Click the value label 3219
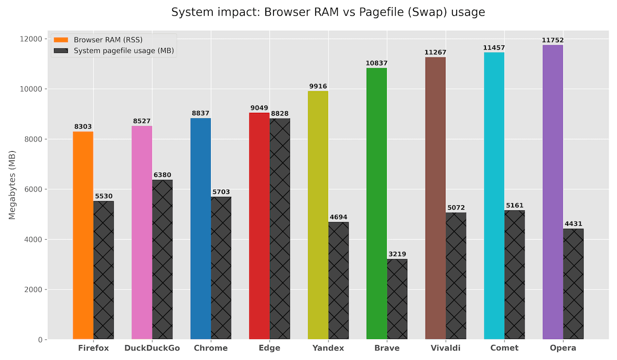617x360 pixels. pos(397,255)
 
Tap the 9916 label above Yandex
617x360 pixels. pos(318,86)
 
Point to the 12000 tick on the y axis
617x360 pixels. pos(31,39)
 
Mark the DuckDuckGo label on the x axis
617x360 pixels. pos(152,348)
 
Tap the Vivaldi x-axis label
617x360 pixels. pos(446,348)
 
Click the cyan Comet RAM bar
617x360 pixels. pos(494,196)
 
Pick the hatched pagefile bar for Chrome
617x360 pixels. pos(221,268)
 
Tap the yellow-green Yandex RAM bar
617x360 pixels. pos(318,215)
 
